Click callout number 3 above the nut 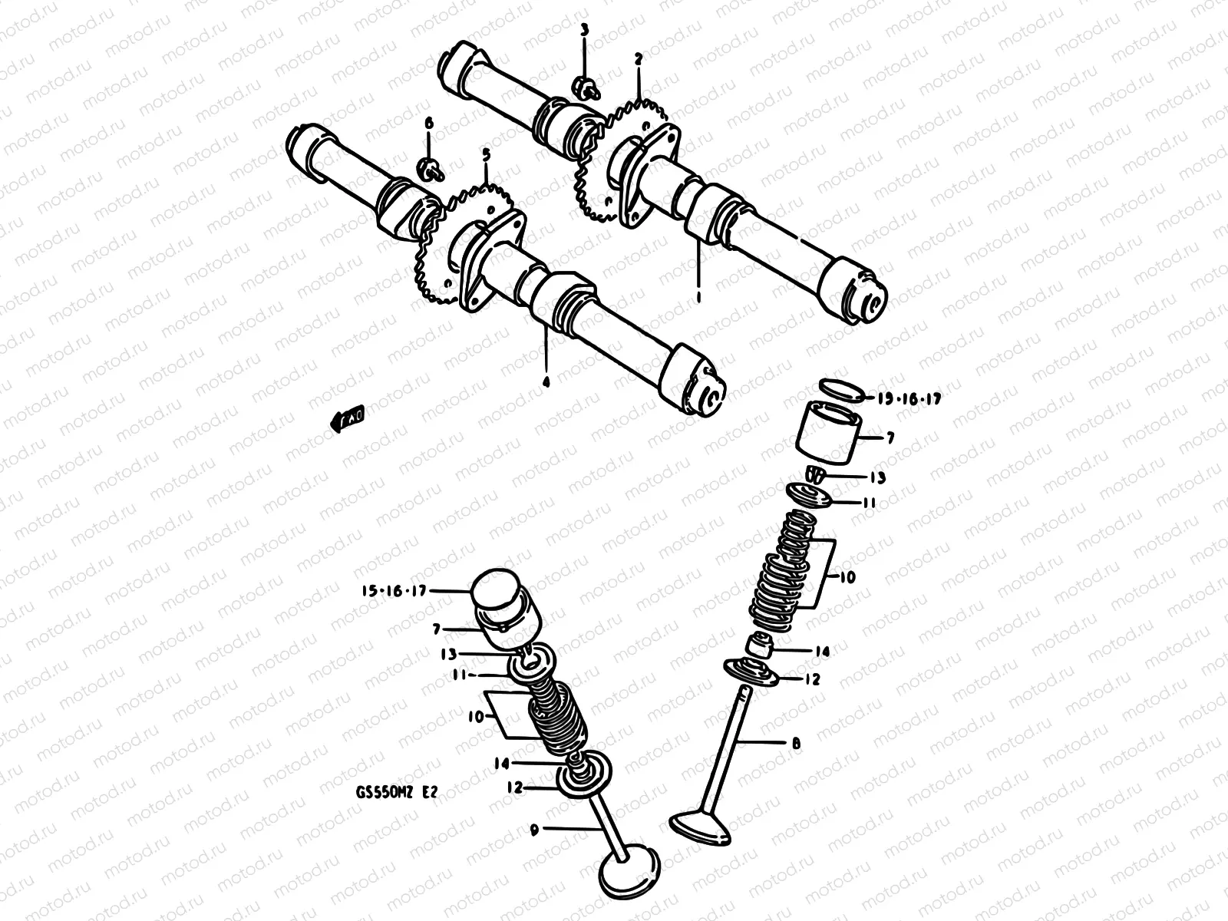tap(584, 31)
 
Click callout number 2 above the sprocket tap(638, 58)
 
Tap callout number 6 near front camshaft tap(428, 123)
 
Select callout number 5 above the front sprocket tap(485, 155)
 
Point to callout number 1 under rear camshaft tap(698, 294)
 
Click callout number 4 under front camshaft tap(546, 380)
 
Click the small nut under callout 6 tap(429, 167)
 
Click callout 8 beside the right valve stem tap(796, 743)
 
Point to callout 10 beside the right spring tap(847, 576)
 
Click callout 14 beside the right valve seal tap(822, 652)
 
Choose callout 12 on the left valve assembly tap(515, 787)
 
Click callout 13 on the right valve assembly tap(877, 478)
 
